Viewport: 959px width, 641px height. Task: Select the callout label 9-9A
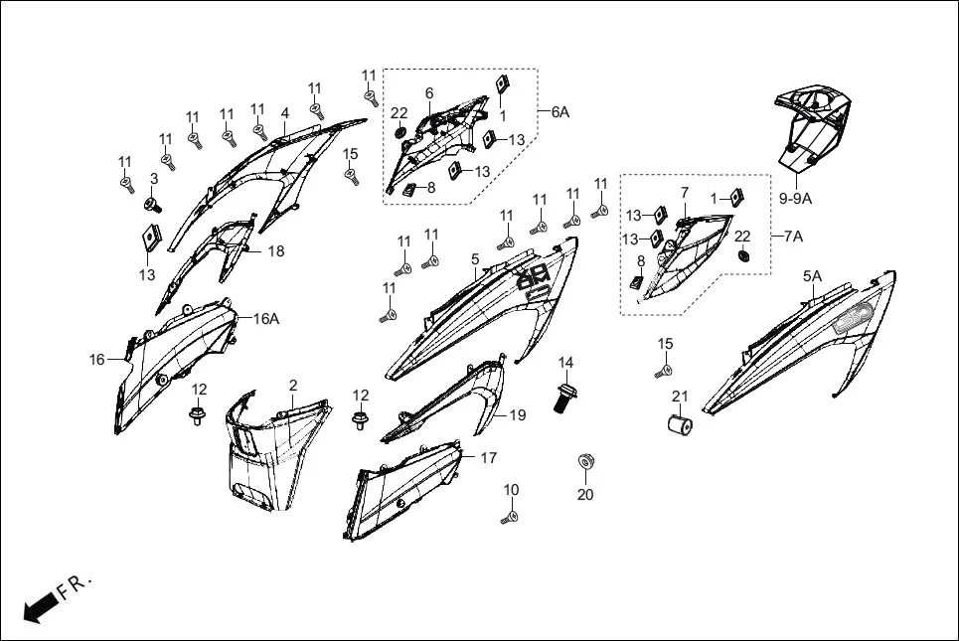pos(795,199)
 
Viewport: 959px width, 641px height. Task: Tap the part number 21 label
pos(680,397)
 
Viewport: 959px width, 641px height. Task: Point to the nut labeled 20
pos(585,463)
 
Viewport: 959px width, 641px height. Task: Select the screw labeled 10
pos(511,516)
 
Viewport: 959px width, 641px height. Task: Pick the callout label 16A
pos(265,319)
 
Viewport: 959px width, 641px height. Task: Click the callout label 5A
pos(812,275)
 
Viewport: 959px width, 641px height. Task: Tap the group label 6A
pos(560,112)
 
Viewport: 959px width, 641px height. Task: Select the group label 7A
pos(793,237)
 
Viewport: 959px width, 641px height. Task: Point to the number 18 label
pos(275,251)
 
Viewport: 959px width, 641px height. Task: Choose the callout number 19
pos(518,415)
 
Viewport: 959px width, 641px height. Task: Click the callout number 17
pos(488,458)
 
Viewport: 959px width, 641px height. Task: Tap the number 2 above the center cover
pos(293,385)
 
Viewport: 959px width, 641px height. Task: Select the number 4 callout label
pos(284,113)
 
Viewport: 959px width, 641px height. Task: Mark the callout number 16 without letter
pos(96,360)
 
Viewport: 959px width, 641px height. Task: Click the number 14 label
pos(565,362)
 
